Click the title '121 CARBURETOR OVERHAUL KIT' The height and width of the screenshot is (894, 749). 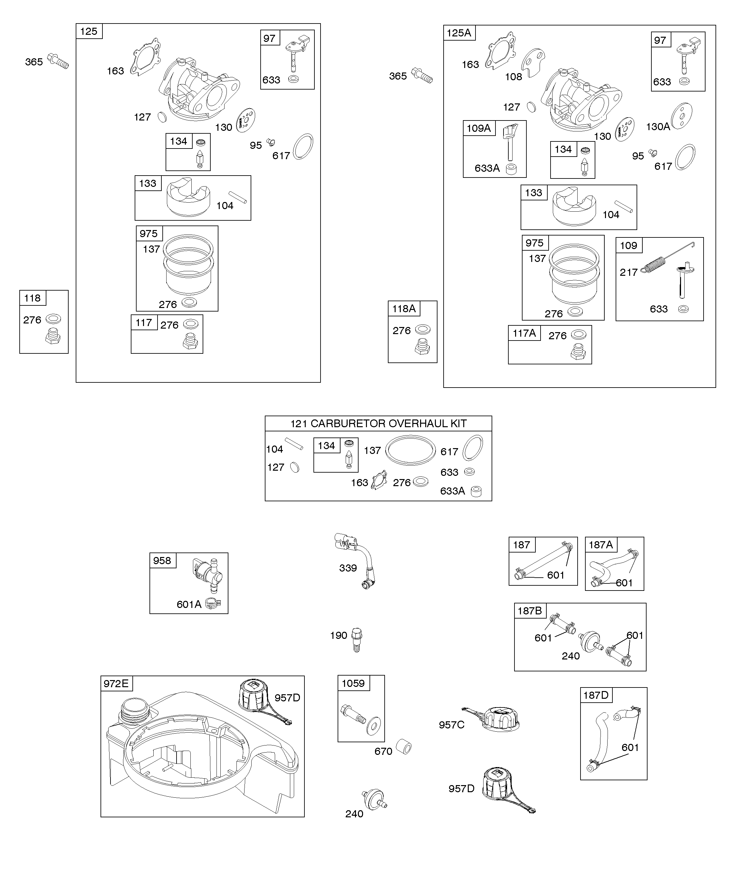tap(378, 424)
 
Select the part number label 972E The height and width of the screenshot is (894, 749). tap(116, 683)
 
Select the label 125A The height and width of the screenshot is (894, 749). tap(459, 33)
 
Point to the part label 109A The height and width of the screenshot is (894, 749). tap(479, 128)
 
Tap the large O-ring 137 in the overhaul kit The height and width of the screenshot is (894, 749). tap(410, 450)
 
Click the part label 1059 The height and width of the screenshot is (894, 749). tap(353, 683)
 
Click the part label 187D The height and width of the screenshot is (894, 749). tap(596, 695)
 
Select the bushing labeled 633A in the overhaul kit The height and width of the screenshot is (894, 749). tap(476, 491)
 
